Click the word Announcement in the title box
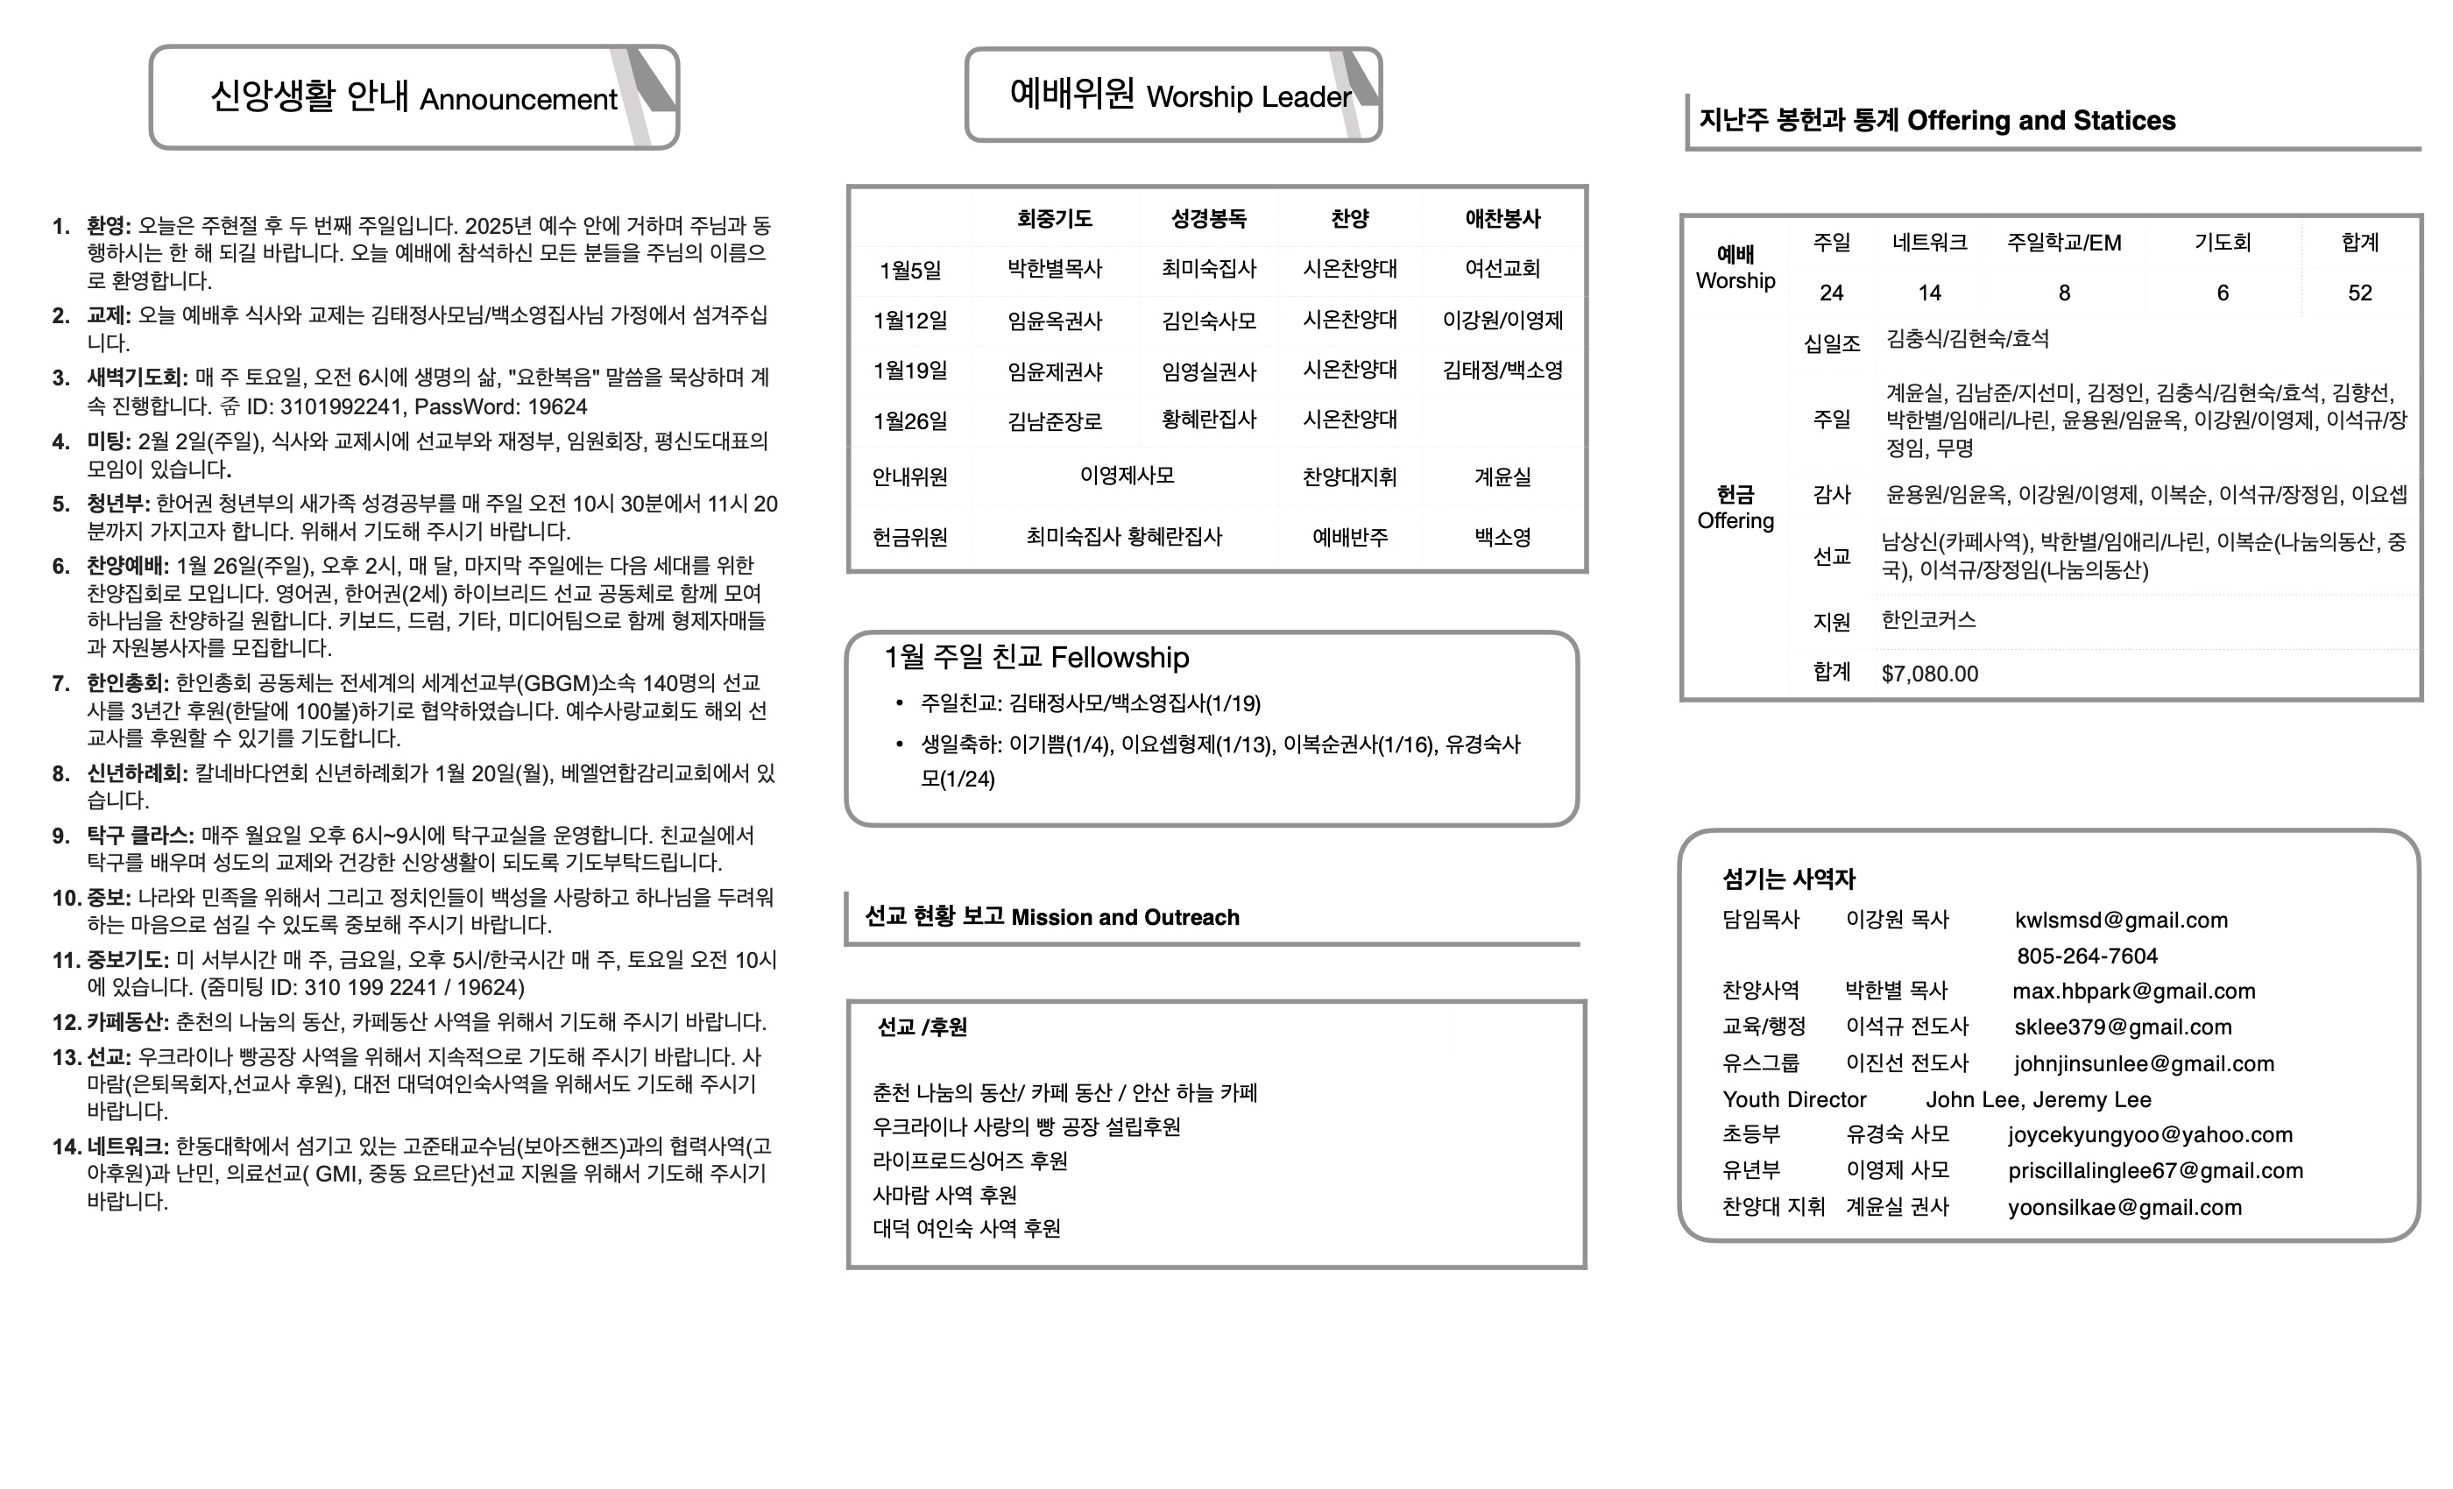518,100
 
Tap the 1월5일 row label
910,271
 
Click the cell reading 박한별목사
1054,269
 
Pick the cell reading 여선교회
1502,269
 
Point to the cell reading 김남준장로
1054,421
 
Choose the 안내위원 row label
910,476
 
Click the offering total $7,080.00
1929,674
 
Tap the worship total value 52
2359,293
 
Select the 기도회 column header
2222,243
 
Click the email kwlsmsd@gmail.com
2120,920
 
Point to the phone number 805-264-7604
2087,956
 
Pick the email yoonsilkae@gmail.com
2124,1207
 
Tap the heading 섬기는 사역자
1789,879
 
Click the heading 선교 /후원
922,1027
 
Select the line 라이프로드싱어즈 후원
970,1161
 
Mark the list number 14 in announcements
66,1147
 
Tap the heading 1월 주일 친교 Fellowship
1036,658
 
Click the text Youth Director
1794,1100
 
